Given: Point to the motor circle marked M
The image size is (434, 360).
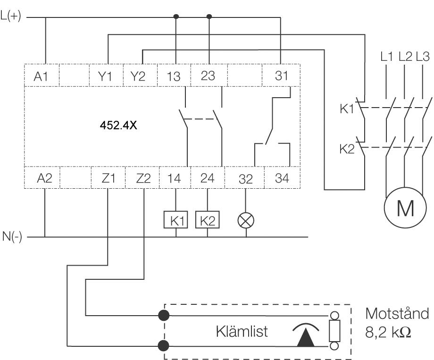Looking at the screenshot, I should (x=404, y=208).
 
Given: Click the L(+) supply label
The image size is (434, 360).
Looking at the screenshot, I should (x=11, y=18).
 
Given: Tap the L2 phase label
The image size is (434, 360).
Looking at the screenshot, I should (x=404, y=57).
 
